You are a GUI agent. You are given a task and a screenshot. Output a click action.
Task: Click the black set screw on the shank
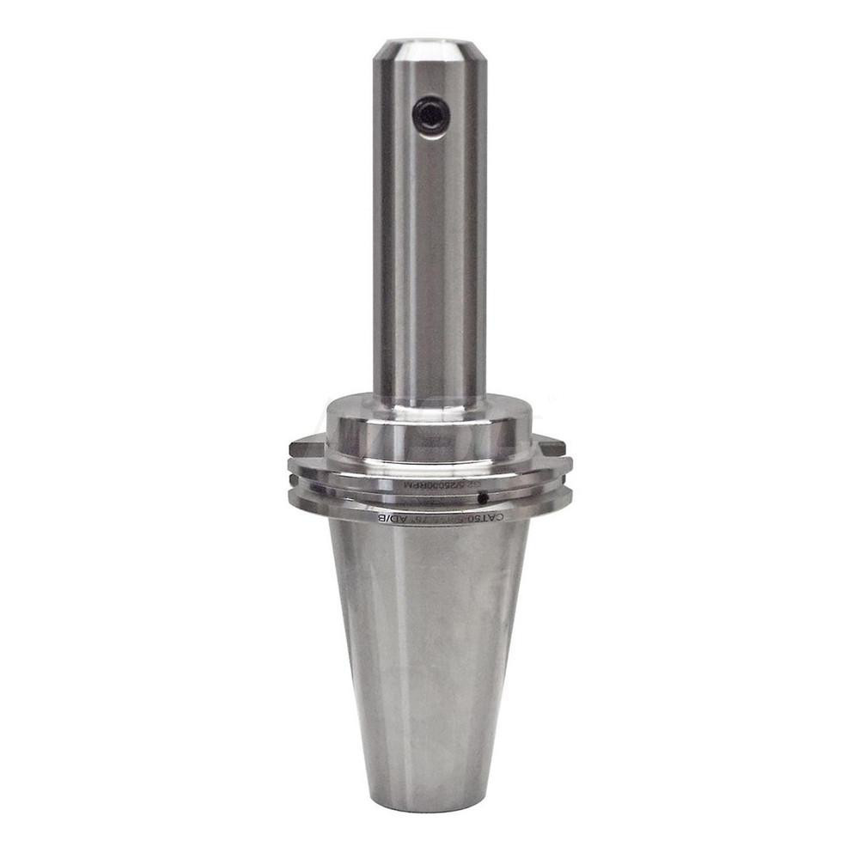tap(430, 114)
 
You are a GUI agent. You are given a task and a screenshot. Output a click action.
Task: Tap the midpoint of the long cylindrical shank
tap(429, 223)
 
